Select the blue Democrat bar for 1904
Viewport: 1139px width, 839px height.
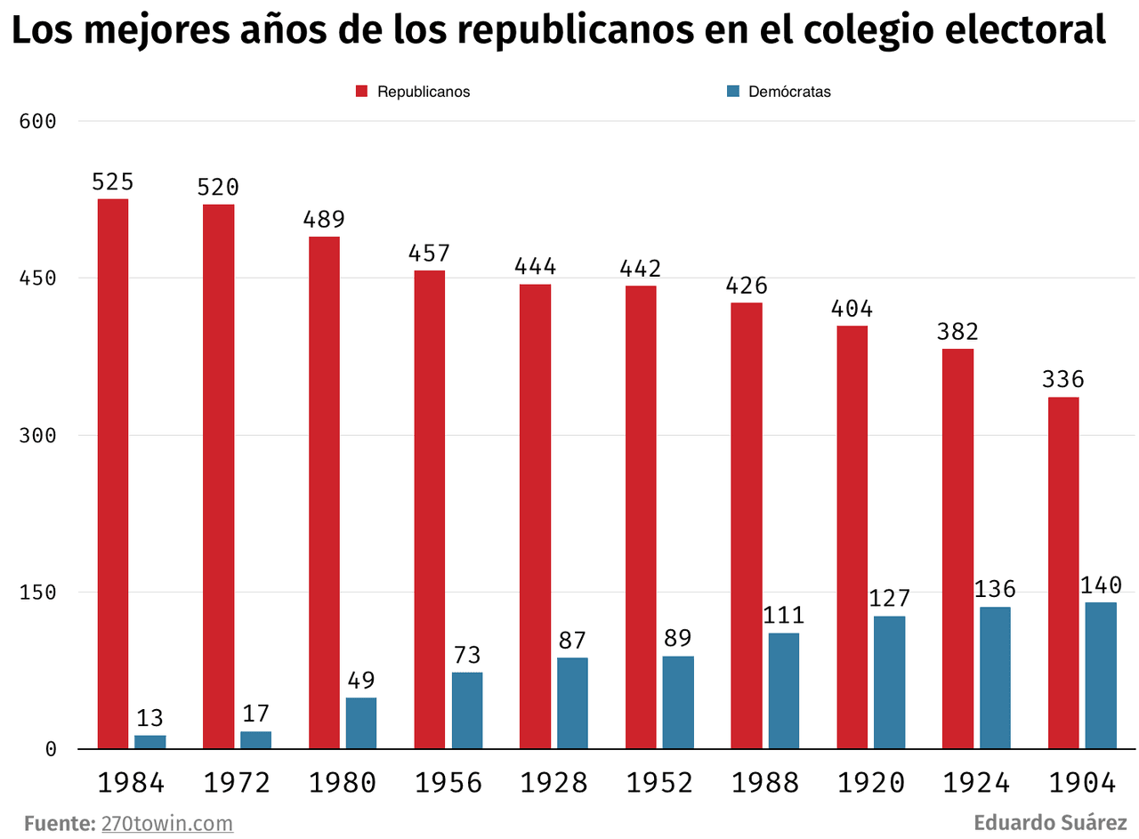point(1100,675)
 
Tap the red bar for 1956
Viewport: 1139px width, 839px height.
point(430,509)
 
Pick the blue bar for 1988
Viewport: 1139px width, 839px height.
point(784,690)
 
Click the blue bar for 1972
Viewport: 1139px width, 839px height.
point(255,739)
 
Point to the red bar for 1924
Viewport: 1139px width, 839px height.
point(957,548)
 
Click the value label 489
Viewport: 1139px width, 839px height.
point(324,220)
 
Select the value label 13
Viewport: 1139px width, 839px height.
point(149,719)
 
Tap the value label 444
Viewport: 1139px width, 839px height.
point(535,267)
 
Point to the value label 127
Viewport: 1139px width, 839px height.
point(889,599)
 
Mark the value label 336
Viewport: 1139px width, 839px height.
point(1063,380)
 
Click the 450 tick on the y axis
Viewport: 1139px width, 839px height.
point(38,278)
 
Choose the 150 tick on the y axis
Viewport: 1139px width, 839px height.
point(38,592)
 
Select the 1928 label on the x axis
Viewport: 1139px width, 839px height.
point(553,783)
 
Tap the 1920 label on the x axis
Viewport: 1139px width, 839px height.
point(870,783)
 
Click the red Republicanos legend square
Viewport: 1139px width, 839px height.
point(362,92)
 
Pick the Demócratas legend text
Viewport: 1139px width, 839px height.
point(789,92)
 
